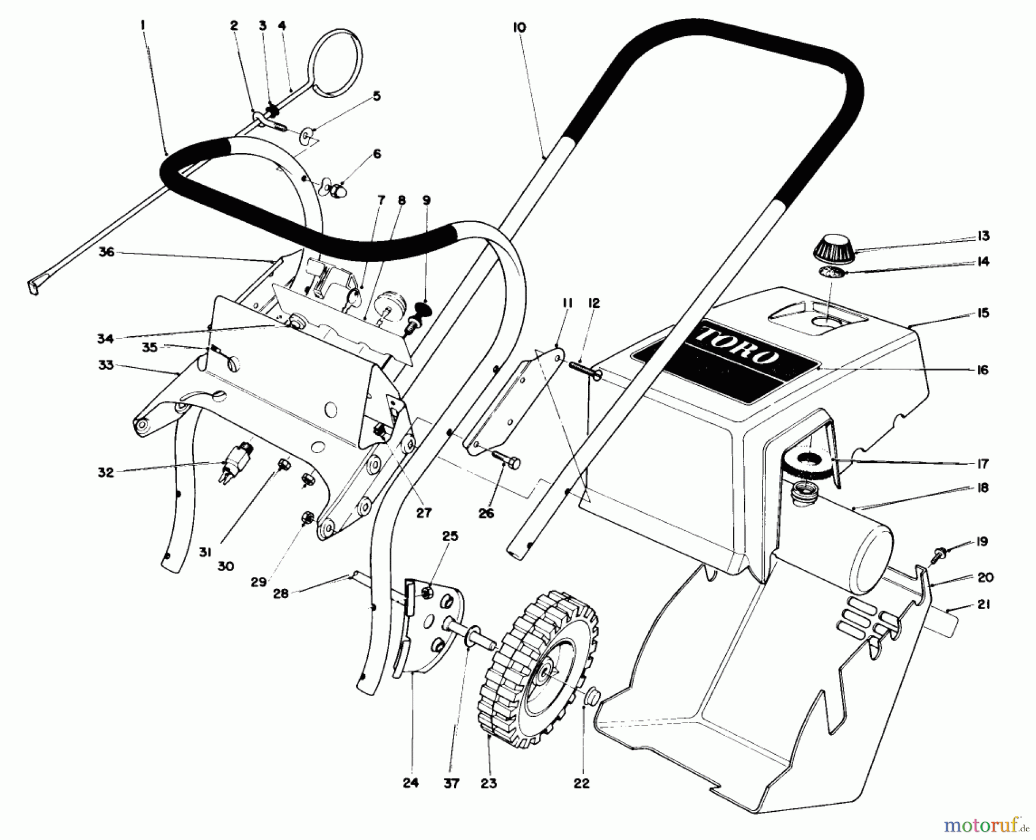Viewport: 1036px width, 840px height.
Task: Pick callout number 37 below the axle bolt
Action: click(452, 784)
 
